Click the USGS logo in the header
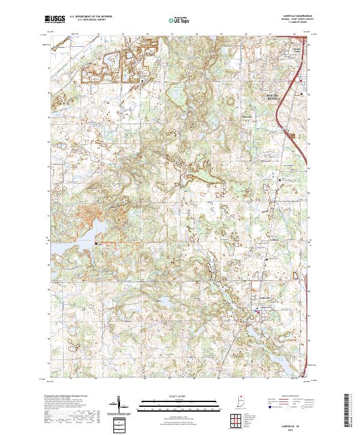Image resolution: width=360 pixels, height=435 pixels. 55,19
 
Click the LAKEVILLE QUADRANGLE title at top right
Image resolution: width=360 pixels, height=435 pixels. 295,16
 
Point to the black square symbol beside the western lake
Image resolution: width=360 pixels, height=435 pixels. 96,242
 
